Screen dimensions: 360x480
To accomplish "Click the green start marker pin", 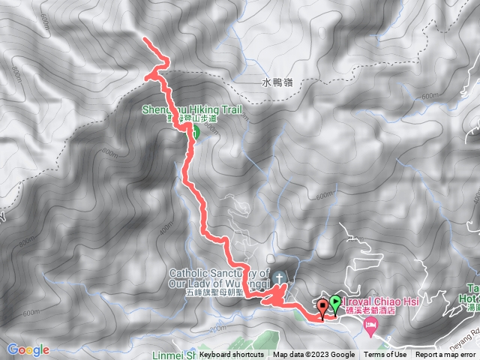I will pos(334,304).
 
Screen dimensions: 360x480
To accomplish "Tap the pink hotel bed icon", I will pos(370,325).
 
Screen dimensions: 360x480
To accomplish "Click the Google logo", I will pos(28,349).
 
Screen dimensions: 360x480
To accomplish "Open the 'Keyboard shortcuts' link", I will pos(232,355).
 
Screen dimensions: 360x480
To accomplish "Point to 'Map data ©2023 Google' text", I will pos(313,355).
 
